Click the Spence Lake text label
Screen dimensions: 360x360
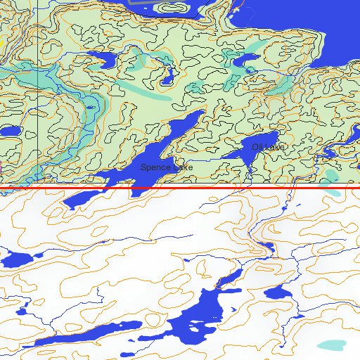pos(166,168)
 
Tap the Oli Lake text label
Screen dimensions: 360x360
pos(268,147)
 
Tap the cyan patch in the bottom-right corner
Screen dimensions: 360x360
pos(331,345)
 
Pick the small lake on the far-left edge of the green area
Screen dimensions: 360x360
pos(8,131)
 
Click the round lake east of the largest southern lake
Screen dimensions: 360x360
pos(279,293)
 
